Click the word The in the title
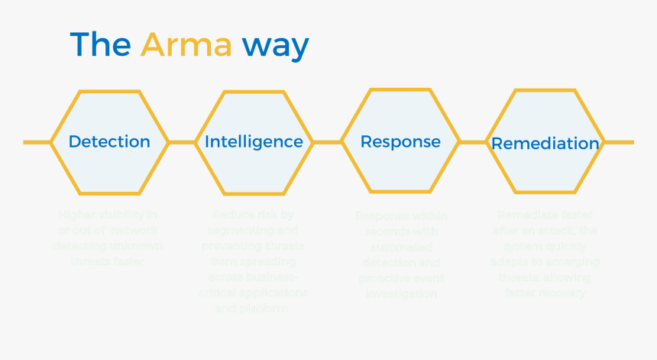(100, 45)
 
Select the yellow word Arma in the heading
(186, 45)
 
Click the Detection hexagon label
(109, 141)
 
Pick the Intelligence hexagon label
(254, 141)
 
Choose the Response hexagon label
(400, 141)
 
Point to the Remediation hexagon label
(545, 143)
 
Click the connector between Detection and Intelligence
(182, 142)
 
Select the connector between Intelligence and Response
(326, 142)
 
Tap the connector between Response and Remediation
(473, 142)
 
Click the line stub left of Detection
(36, 142)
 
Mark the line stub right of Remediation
(620, 142)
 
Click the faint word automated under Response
(400, 248)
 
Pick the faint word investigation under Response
(400, 294)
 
